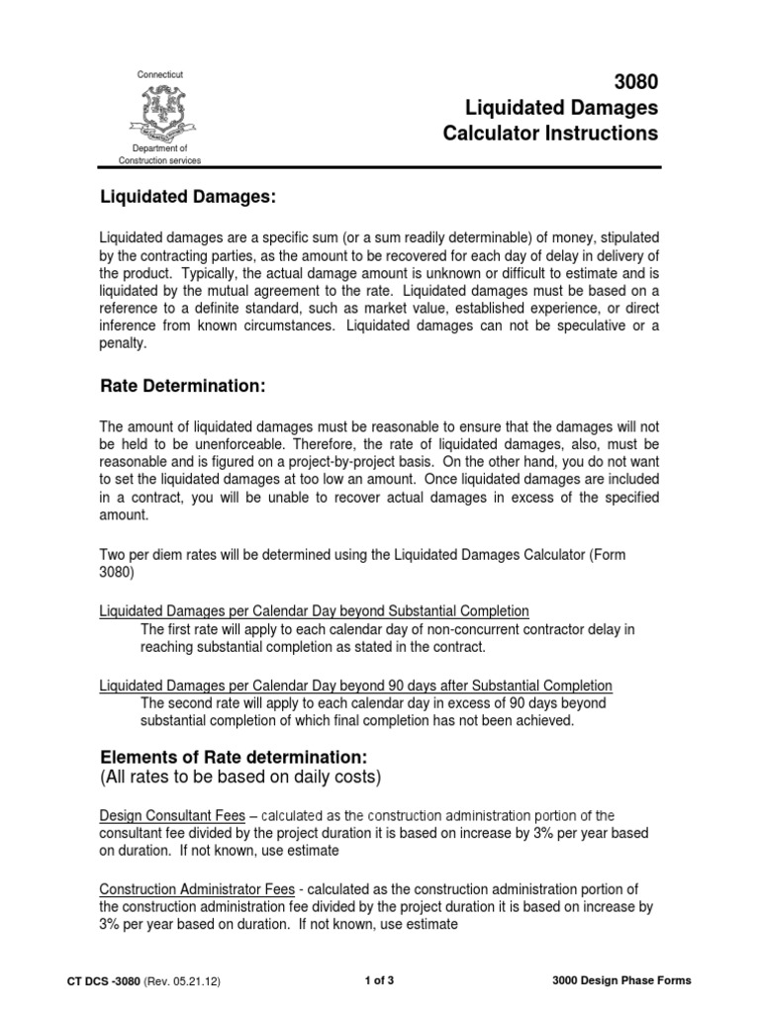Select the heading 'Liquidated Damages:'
pos(186,198)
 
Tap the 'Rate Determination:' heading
pos(183,384)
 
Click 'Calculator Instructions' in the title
pos(559,133)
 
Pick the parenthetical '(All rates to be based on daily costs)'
pos(240,778)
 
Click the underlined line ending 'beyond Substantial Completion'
pos(315,610)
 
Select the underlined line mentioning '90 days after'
pos(356,685)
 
